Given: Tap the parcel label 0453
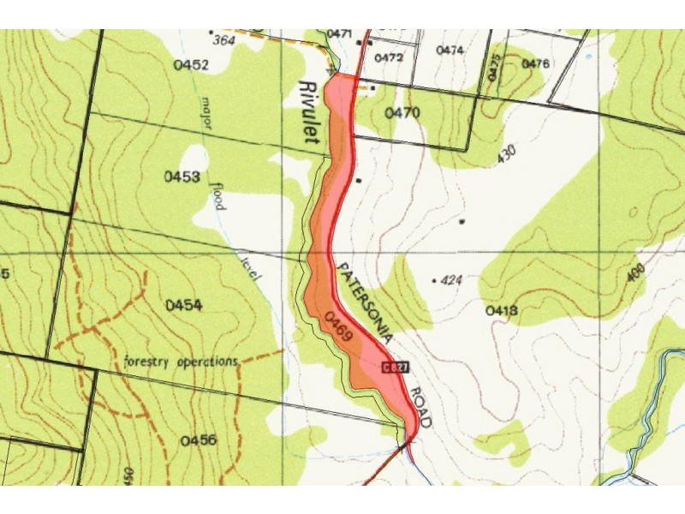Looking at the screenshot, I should [182, 176].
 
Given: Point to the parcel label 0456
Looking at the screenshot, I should [198, 440].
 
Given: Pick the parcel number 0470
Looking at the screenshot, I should [402, 112].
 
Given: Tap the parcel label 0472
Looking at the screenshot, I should [389, 57].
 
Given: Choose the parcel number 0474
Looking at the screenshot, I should [450, 51].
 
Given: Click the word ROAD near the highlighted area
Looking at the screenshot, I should [420, 407].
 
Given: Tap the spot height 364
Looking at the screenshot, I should [223, 39].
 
